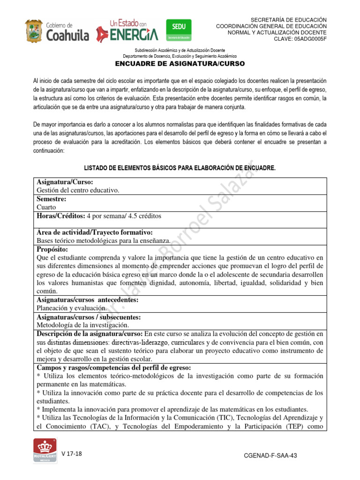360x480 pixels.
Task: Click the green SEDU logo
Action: click(x=175, y=30)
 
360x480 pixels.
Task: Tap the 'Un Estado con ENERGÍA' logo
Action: click(x=127, y=30)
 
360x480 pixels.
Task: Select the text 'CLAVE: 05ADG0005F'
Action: click(x=300, y=39)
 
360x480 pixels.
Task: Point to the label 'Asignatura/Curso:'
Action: click(x=65, y=182)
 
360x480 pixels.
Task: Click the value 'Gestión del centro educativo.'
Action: click(x=78, y=190)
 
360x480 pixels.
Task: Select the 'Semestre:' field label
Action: click(x=51, y=199)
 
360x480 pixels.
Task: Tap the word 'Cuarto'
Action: click(x=46, y=207)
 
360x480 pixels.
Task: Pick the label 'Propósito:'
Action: click(x=52, y=249)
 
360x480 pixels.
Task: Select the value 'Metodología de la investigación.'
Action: click(x=82, y=325)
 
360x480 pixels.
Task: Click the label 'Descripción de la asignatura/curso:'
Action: click(x=90, y=334)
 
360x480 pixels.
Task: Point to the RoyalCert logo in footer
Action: click(x=45, y=452)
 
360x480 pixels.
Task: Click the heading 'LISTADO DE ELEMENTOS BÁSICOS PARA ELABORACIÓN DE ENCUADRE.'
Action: click(x=180, y=167)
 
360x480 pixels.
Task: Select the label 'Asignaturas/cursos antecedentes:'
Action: click(x=87, y=300)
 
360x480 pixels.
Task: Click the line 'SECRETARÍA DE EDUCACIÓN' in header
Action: click(x=289, y=19)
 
